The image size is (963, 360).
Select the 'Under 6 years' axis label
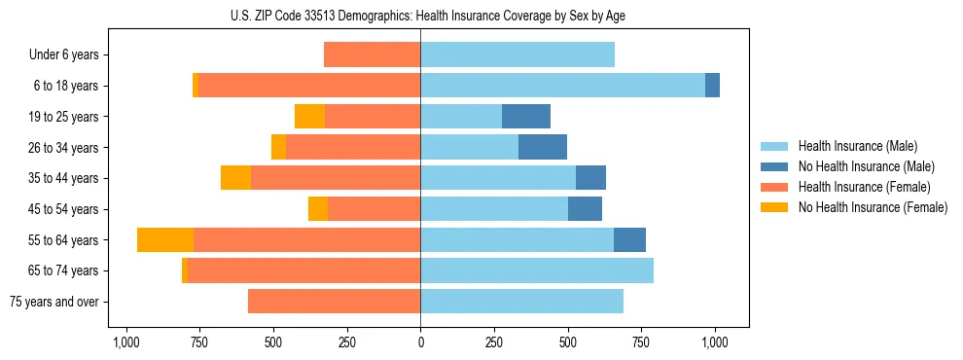pyautogui.click(x=64, y=55)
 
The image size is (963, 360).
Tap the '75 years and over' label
pyautogui.click(x=54, y=302)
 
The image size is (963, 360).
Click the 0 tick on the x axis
pyautogui.click(x=420, y=342)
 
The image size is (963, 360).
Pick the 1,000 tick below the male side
pyautogui.click(x=715, y=342)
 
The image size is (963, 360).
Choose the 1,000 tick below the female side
pyautogui.click(x=125, y=342)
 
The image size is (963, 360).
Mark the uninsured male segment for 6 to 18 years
pyautogui.click(x=712, y=86)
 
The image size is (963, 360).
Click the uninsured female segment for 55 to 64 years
pyautogui.click(x=165, y=240)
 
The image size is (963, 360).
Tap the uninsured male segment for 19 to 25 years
pyautogui.click(x=526, y=117)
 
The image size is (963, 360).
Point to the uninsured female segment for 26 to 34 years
pyautogui.click(x=278, y=148)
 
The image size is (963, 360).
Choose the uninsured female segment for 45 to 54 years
pyautogui.click(x=318, y=209)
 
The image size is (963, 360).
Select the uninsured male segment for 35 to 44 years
pyautogui.click(x=590, y=178)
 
